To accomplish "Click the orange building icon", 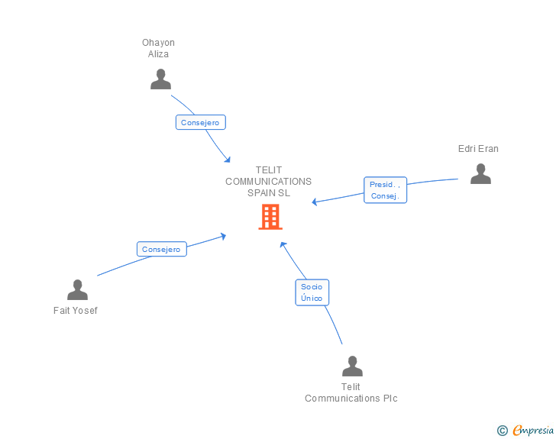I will [270, 217].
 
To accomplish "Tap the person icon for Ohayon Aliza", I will [160, 79].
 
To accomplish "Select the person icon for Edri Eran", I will [480, 174].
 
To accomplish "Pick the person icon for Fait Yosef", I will [77, 290].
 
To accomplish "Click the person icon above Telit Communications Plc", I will [352, 366].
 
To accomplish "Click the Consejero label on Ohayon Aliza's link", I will [201, 122].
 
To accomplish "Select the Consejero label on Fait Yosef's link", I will [161, 249].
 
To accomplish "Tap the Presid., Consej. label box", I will [385, 190].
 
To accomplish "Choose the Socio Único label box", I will [312, 292].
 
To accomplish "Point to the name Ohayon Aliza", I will [158, 48].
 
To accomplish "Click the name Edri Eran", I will [478, 149].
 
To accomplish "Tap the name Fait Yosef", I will [76, 311].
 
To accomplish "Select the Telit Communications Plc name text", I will [351, 392].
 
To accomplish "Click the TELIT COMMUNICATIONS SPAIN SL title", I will [269, 182].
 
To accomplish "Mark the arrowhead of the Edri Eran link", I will [315, 202].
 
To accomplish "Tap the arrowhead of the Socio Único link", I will [283, 244].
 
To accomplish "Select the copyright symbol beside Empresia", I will [503, 431].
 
